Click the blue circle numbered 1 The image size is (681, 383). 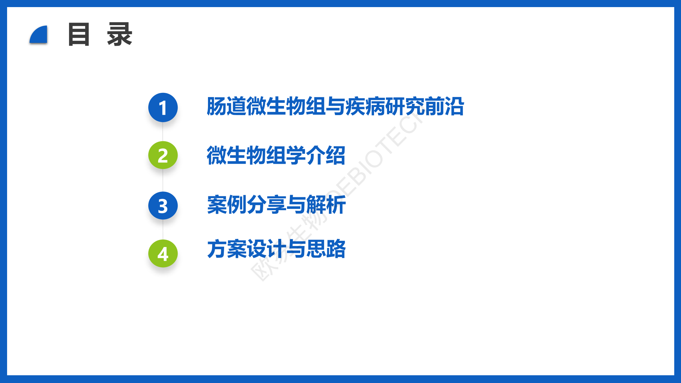click(163, 107)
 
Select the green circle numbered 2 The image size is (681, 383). click(163, 155)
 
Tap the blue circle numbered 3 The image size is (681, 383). click(163, 206)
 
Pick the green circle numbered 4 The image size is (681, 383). click(163, 254)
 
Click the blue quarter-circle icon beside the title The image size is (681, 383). click(39, 35)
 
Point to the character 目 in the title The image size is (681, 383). click(79, 34)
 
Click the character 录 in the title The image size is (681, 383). click(120, 34)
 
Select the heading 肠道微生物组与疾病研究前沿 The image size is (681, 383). click(335, 106)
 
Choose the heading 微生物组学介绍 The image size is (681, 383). click(276, 155)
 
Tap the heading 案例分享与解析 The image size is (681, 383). click(276, 205)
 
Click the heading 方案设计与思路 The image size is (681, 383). click(276, 249)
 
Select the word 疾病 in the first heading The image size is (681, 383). click(365, 106)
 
